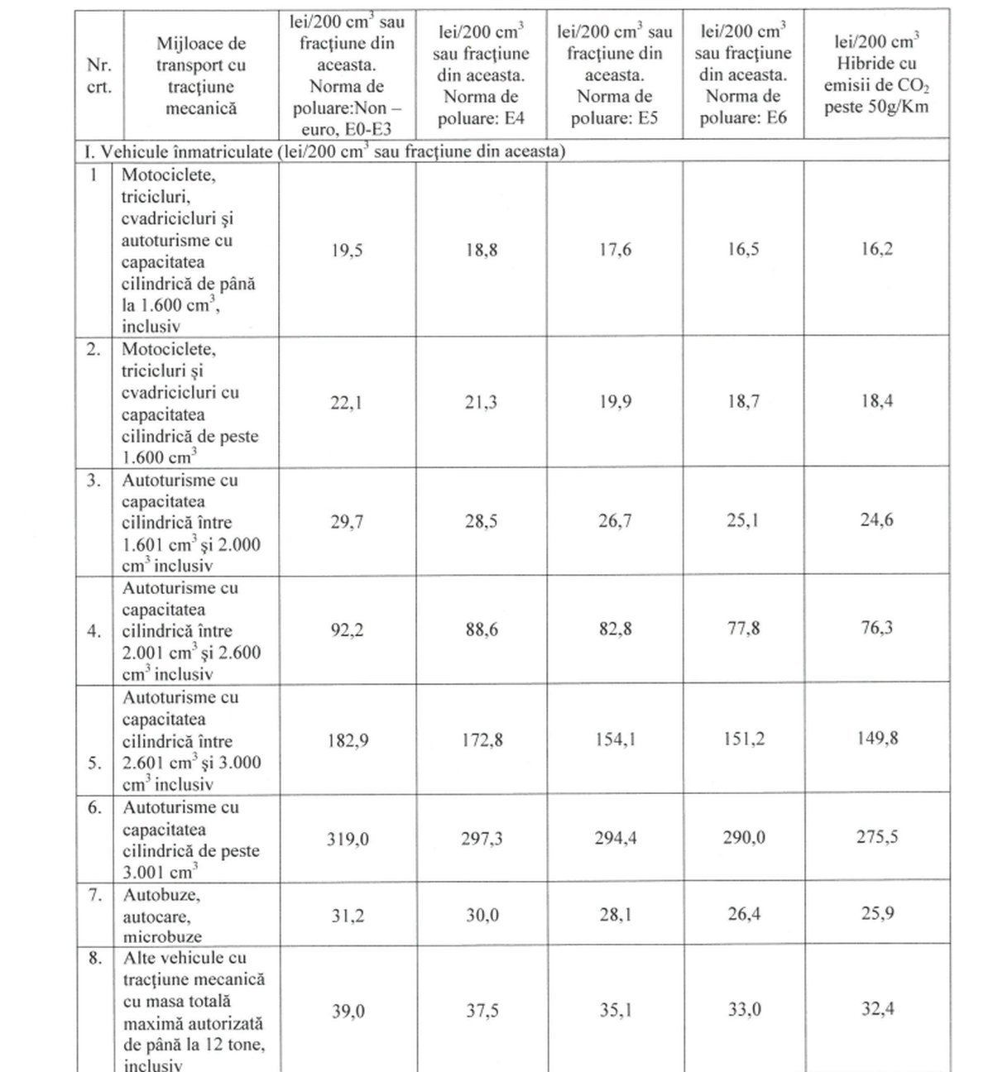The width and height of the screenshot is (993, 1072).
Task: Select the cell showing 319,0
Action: tap(347, 840)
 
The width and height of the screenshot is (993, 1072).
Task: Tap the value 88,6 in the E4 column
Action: tap(481, 630)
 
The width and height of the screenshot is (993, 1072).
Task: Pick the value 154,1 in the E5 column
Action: tap(614, 739)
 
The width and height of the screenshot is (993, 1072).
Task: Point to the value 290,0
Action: tap(742, 839)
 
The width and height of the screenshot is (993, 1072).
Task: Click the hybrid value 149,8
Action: tap(876, 738)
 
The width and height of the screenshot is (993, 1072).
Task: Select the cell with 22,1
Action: tap(347, 403)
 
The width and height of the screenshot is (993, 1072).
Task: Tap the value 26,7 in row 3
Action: tap(614, 521)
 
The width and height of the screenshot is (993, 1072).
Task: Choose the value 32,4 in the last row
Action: tap(876, 1009)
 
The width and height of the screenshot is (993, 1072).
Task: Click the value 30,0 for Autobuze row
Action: tap(481, 915)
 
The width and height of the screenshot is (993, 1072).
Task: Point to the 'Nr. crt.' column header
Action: tap(98, 76)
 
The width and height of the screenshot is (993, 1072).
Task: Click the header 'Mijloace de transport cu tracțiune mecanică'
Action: tap(201, 76)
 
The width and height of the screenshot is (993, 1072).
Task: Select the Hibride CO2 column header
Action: tap(876, 74)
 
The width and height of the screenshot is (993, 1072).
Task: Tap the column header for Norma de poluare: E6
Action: tap(742, 74)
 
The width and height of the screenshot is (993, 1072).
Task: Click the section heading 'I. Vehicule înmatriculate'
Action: tap(323, 151)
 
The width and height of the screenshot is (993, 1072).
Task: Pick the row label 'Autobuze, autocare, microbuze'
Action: tap(162, 916)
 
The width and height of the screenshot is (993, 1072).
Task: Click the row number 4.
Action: tap(94, 631)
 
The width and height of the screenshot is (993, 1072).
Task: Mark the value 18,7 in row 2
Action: tap(742, 402)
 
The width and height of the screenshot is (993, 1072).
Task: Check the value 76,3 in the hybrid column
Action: tap(876, 629)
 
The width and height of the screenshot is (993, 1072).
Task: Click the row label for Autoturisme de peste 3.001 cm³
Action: tap(191, 840)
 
